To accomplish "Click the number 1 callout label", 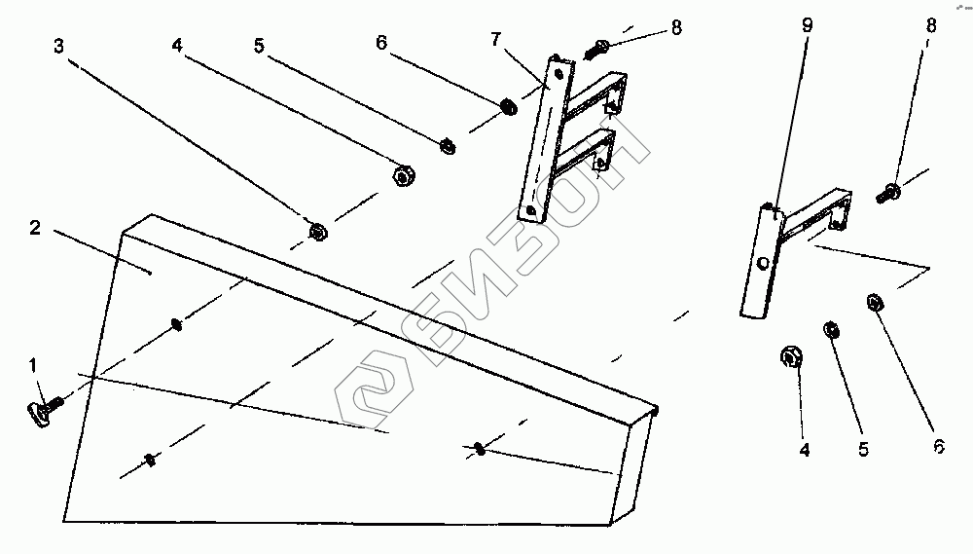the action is point(33,366).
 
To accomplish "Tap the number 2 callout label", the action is point(34,228).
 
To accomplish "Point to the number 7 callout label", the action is point(496,39).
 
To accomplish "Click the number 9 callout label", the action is point(807,26).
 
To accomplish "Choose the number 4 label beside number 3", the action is point(177,45).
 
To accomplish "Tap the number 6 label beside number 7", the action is point(381,43).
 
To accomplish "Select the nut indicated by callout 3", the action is point(316,232).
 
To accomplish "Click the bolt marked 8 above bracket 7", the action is point(597,48).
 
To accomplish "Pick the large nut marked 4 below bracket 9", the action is point(790,357).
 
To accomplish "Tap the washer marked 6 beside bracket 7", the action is point(508,104).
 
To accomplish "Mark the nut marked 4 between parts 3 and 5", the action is point(401,176).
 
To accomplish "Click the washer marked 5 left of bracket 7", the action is point(448,146).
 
